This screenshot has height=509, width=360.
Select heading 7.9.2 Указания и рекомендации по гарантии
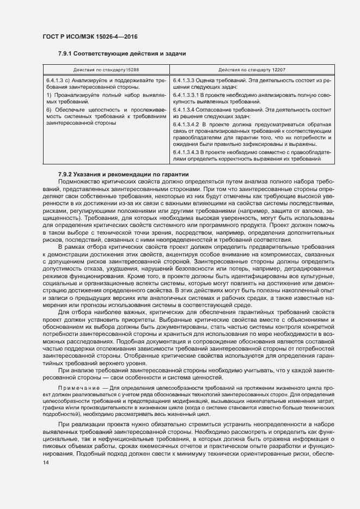pos(123,174)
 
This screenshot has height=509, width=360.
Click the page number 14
pos(46,463)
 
